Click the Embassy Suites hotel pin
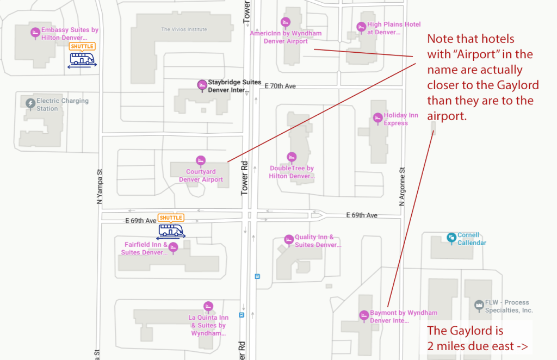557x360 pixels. tap(35, 33)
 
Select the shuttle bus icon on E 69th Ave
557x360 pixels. tap(171, 231)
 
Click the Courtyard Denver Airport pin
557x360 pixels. tap(201, 161)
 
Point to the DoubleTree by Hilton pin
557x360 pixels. tap(292, 157)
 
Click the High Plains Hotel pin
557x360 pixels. tap(361, 27)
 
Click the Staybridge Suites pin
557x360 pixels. tap(202, 85)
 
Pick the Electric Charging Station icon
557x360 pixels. tap(30, 104)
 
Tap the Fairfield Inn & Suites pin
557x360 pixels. tap(173, 247)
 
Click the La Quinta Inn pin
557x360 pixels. tap(208, 306)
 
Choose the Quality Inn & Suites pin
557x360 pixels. tap(289, 240)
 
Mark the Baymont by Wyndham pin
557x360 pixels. tap(364, 315)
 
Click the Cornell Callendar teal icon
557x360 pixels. tap(451, 238)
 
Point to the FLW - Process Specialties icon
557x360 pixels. tap(479, 305)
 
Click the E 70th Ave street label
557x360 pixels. tap(280, 86)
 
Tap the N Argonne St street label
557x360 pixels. tap(402, 187)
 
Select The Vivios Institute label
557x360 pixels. tap(184, 29)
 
